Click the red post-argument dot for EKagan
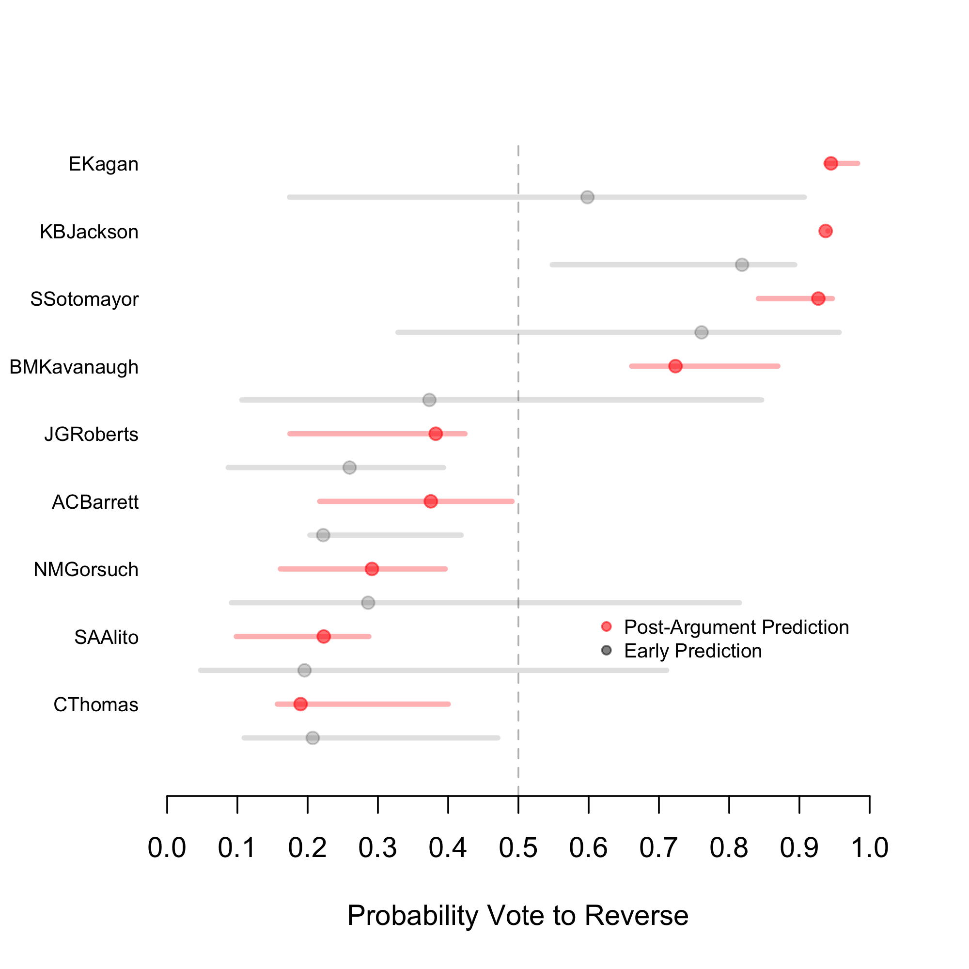click(830, 163)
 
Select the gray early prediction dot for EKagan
click(587, 197)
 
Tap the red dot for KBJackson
click(826, 231)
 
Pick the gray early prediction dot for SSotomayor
click(701, 332)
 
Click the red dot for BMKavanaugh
click(675, 366)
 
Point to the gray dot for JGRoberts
click(350, 468)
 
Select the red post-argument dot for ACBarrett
click(430, 501)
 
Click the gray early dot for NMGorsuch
click(368, 602)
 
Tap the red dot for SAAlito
click(324, 637)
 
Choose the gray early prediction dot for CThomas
click(313, 738)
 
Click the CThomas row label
click(96, 704)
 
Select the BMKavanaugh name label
click(74, 367)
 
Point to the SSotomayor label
click(84, 299)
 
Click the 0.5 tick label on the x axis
click(518, 847)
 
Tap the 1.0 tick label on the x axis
click(870, 847)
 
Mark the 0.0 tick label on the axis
click(167, 847)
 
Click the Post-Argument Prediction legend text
click(736, 627)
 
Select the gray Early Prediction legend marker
click(607, 651)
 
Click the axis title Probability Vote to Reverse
click(517, 915)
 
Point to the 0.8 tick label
click(729, 847)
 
